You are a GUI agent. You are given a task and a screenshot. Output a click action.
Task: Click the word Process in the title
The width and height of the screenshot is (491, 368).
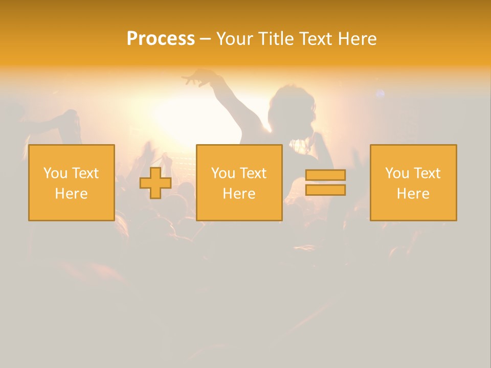161,39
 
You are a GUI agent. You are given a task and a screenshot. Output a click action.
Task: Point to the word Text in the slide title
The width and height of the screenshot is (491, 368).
317,39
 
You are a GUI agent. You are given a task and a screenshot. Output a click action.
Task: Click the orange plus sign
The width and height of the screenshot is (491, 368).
155,183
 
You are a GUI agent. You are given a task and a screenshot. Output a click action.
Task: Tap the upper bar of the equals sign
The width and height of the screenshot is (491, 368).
325,175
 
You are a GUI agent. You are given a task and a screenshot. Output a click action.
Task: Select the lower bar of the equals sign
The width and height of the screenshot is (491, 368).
325,190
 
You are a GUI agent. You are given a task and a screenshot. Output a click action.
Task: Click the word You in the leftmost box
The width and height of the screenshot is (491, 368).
55,173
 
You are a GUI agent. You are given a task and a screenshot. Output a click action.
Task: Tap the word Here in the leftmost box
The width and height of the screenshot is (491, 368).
71,194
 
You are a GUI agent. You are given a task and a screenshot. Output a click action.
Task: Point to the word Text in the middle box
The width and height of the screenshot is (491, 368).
253,173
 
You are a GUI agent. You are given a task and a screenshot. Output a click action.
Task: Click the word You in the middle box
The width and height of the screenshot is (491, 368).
223,173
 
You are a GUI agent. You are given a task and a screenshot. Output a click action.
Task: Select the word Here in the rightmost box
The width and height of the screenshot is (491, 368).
413,194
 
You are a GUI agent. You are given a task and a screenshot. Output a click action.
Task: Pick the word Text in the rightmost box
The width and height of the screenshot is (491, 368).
427,173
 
